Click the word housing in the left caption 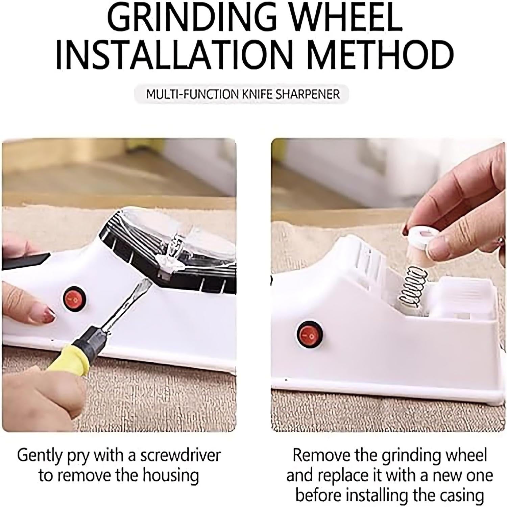(170, 476)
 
